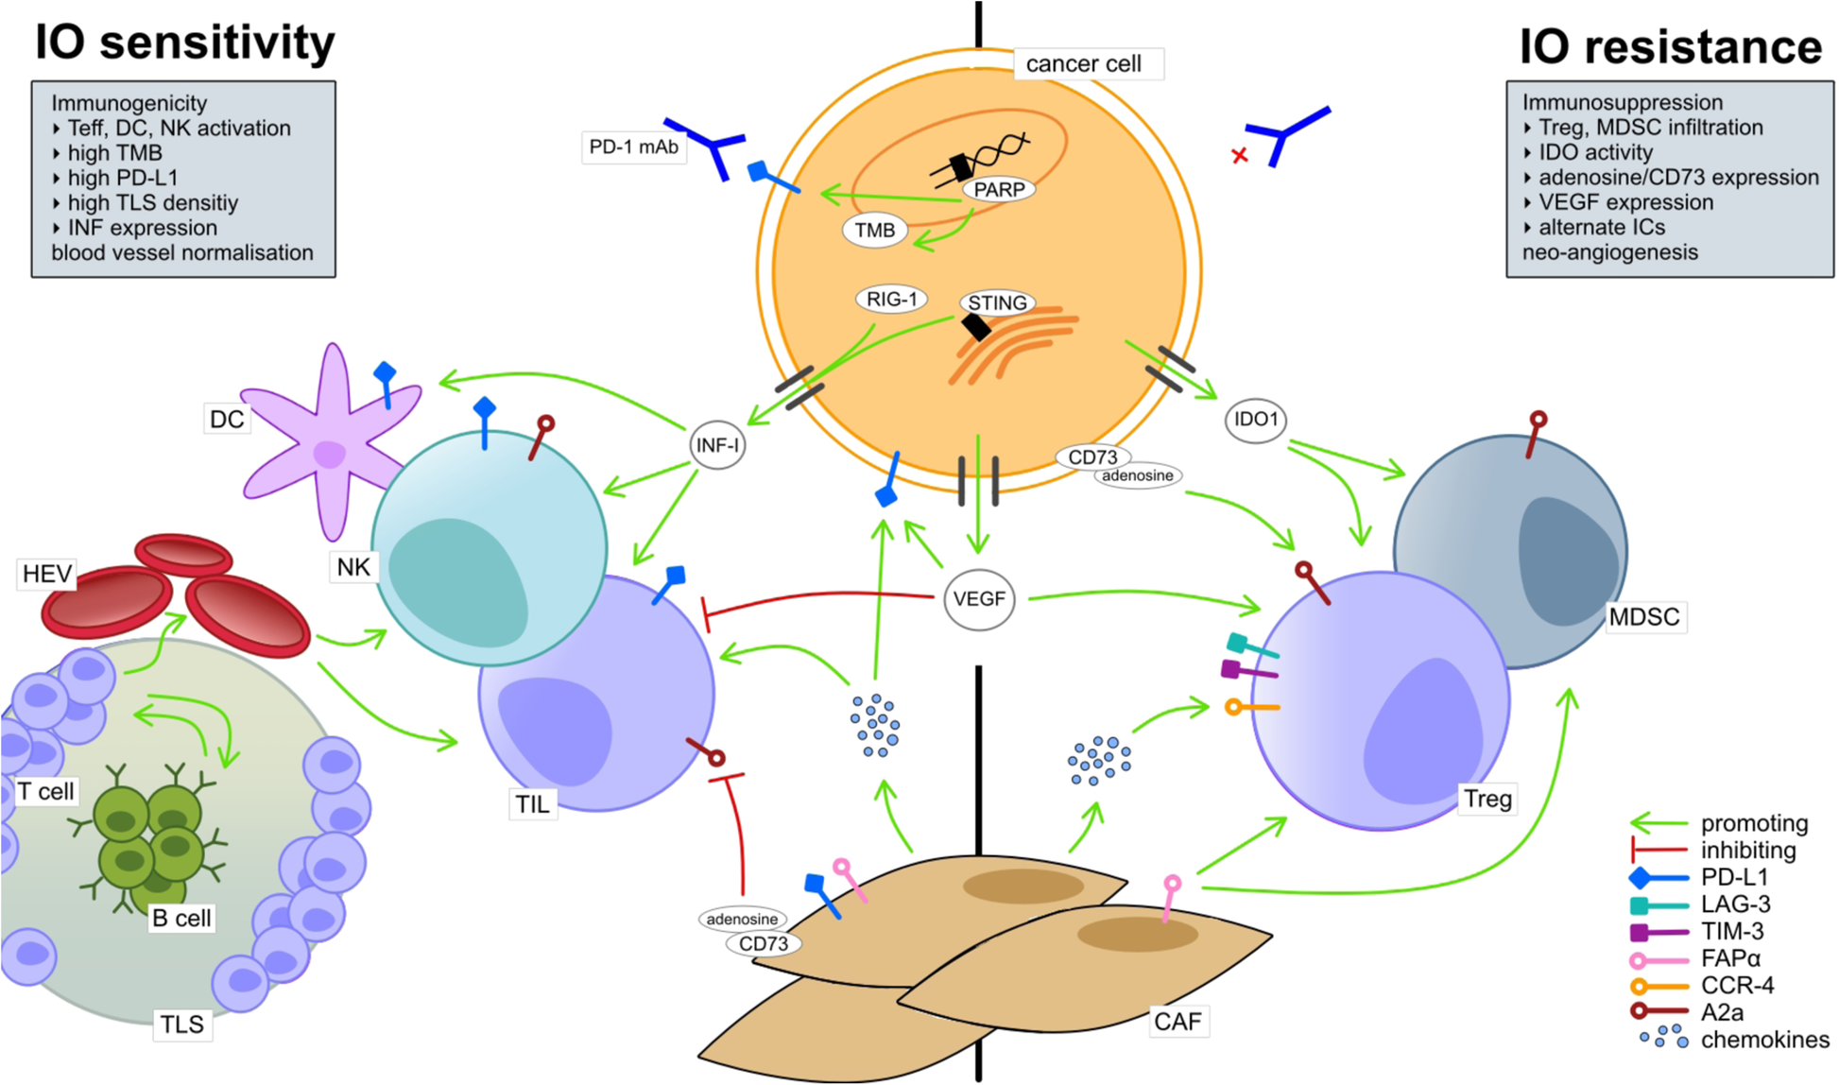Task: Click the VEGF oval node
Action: click(979, 599)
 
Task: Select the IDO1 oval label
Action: click(1256, 420)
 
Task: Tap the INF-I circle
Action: click(718, 445)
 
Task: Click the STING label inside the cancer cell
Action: click(998, 303)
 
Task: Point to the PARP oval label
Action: click(999, 190)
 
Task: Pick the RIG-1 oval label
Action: click(891, 300)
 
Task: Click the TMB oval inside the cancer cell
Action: click(874, 231)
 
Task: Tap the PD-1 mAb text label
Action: click(633, 147)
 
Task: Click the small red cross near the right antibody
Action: click(1240, 156)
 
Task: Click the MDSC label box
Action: click(1644, 617)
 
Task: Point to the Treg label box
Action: click(1487, 800)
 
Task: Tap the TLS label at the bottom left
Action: click(181, 1025)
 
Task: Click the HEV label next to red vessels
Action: click(47, 574)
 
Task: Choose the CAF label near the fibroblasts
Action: click(1177, 1022)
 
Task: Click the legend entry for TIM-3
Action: click(1731, 932)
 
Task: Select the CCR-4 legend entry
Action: click(1737, 986)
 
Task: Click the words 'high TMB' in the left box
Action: click(114, 153)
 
